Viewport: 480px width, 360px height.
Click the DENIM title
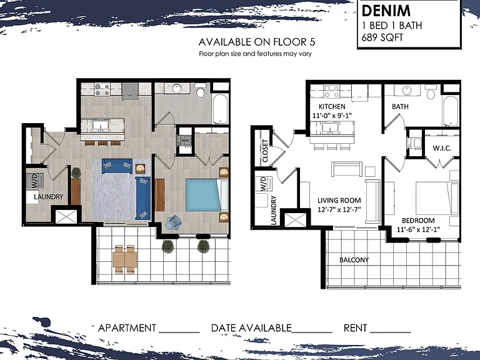386,11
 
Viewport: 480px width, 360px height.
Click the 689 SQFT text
382,37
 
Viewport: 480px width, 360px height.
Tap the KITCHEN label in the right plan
332,106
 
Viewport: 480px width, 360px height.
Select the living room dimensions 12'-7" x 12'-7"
339,209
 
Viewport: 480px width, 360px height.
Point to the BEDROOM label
418,221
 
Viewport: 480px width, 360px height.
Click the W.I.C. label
442,148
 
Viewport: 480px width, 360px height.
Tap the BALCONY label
354,260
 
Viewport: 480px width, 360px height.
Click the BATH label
400,106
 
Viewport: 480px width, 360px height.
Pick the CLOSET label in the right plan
265,151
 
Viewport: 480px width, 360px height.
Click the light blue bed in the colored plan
203,195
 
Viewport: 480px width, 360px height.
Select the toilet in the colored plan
201,90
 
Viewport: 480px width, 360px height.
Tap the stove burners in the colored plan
102,89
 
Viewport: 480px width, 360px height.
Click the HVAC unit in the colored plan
186,141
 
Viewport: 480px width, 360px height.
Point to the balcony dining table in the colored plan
124,259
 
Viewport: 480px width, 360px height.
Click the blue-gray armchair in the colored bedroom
173,222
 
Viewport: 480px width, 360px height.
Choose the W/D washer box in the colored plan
34,181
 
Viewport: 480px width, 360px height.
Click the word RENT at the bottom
355,328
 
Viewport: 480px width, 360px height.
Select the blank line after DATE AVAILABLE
312,332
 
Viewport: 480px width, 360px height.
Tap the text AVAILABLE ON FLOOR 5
257,42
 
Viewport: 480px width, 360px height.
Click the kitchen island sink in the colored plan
101,126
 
